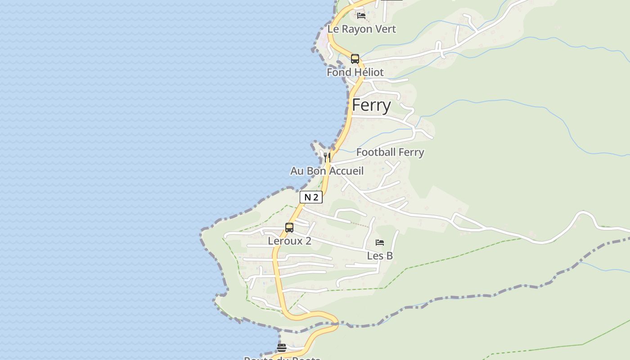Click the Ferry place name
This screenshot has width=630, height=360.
click(371, 105)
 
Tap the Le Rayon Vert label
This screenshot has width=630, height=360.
click(361, 29)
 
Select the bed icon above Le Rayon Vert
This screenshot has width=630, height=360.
click(361, 16)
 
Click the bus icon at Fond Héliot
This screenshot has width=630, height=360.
click(355, 59)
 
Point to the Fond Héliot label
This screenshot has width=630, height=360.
click(355, 72)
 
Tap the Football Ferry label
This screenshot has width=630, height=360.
click(390, 152)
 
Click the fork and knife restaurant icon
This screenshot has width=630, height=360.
click(327, 157)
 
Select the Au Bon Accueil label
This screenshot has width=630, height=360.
click(327, 171)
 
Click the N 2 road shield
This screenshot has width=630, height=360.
click(311, 197)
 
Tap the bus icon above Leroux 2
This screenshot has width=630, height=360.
click(289, 228)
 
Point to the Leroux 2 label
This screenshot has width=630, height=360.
click(289, 241)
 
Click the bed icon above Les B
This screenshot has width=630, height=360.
click(380, 243)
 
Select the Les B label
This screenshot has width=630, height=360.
click(380, 256)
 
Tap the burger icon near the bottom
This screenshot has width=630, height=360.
click(282, 347)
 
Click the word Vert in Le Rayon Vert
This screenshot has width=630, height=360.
click(386, 29)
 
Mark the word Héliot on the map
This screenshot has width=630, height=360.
click(368, 72)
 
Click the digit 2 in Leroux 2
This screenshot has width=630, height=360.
click(308, 241)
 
